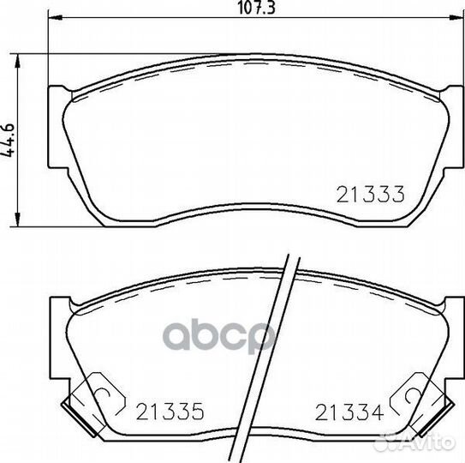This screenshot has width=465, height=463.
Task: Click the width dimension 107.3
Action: pos(257,8)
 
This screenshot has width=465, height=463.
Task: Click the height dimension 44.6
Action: pos(8,140)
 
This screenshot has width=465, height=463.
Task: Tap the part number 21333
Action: pos(371,195)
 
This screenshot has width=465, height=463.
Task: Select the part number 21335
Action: pos(170,412)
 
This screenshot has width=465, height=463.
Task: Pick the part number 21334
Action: pos(349,412)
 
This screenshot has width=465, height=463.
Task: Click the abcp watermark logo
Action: pos(219,336)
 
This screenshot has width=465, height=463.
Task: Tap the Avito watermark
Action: pos(414,442)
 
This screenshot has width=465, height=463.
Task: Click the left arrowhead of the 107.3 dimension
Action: pos(55,18)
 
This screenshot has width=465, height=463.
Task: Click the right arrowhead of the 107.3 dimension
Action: pos(456,18)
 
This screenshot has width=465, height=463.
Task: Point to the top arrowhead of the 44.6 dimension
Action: pos(18,61)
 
